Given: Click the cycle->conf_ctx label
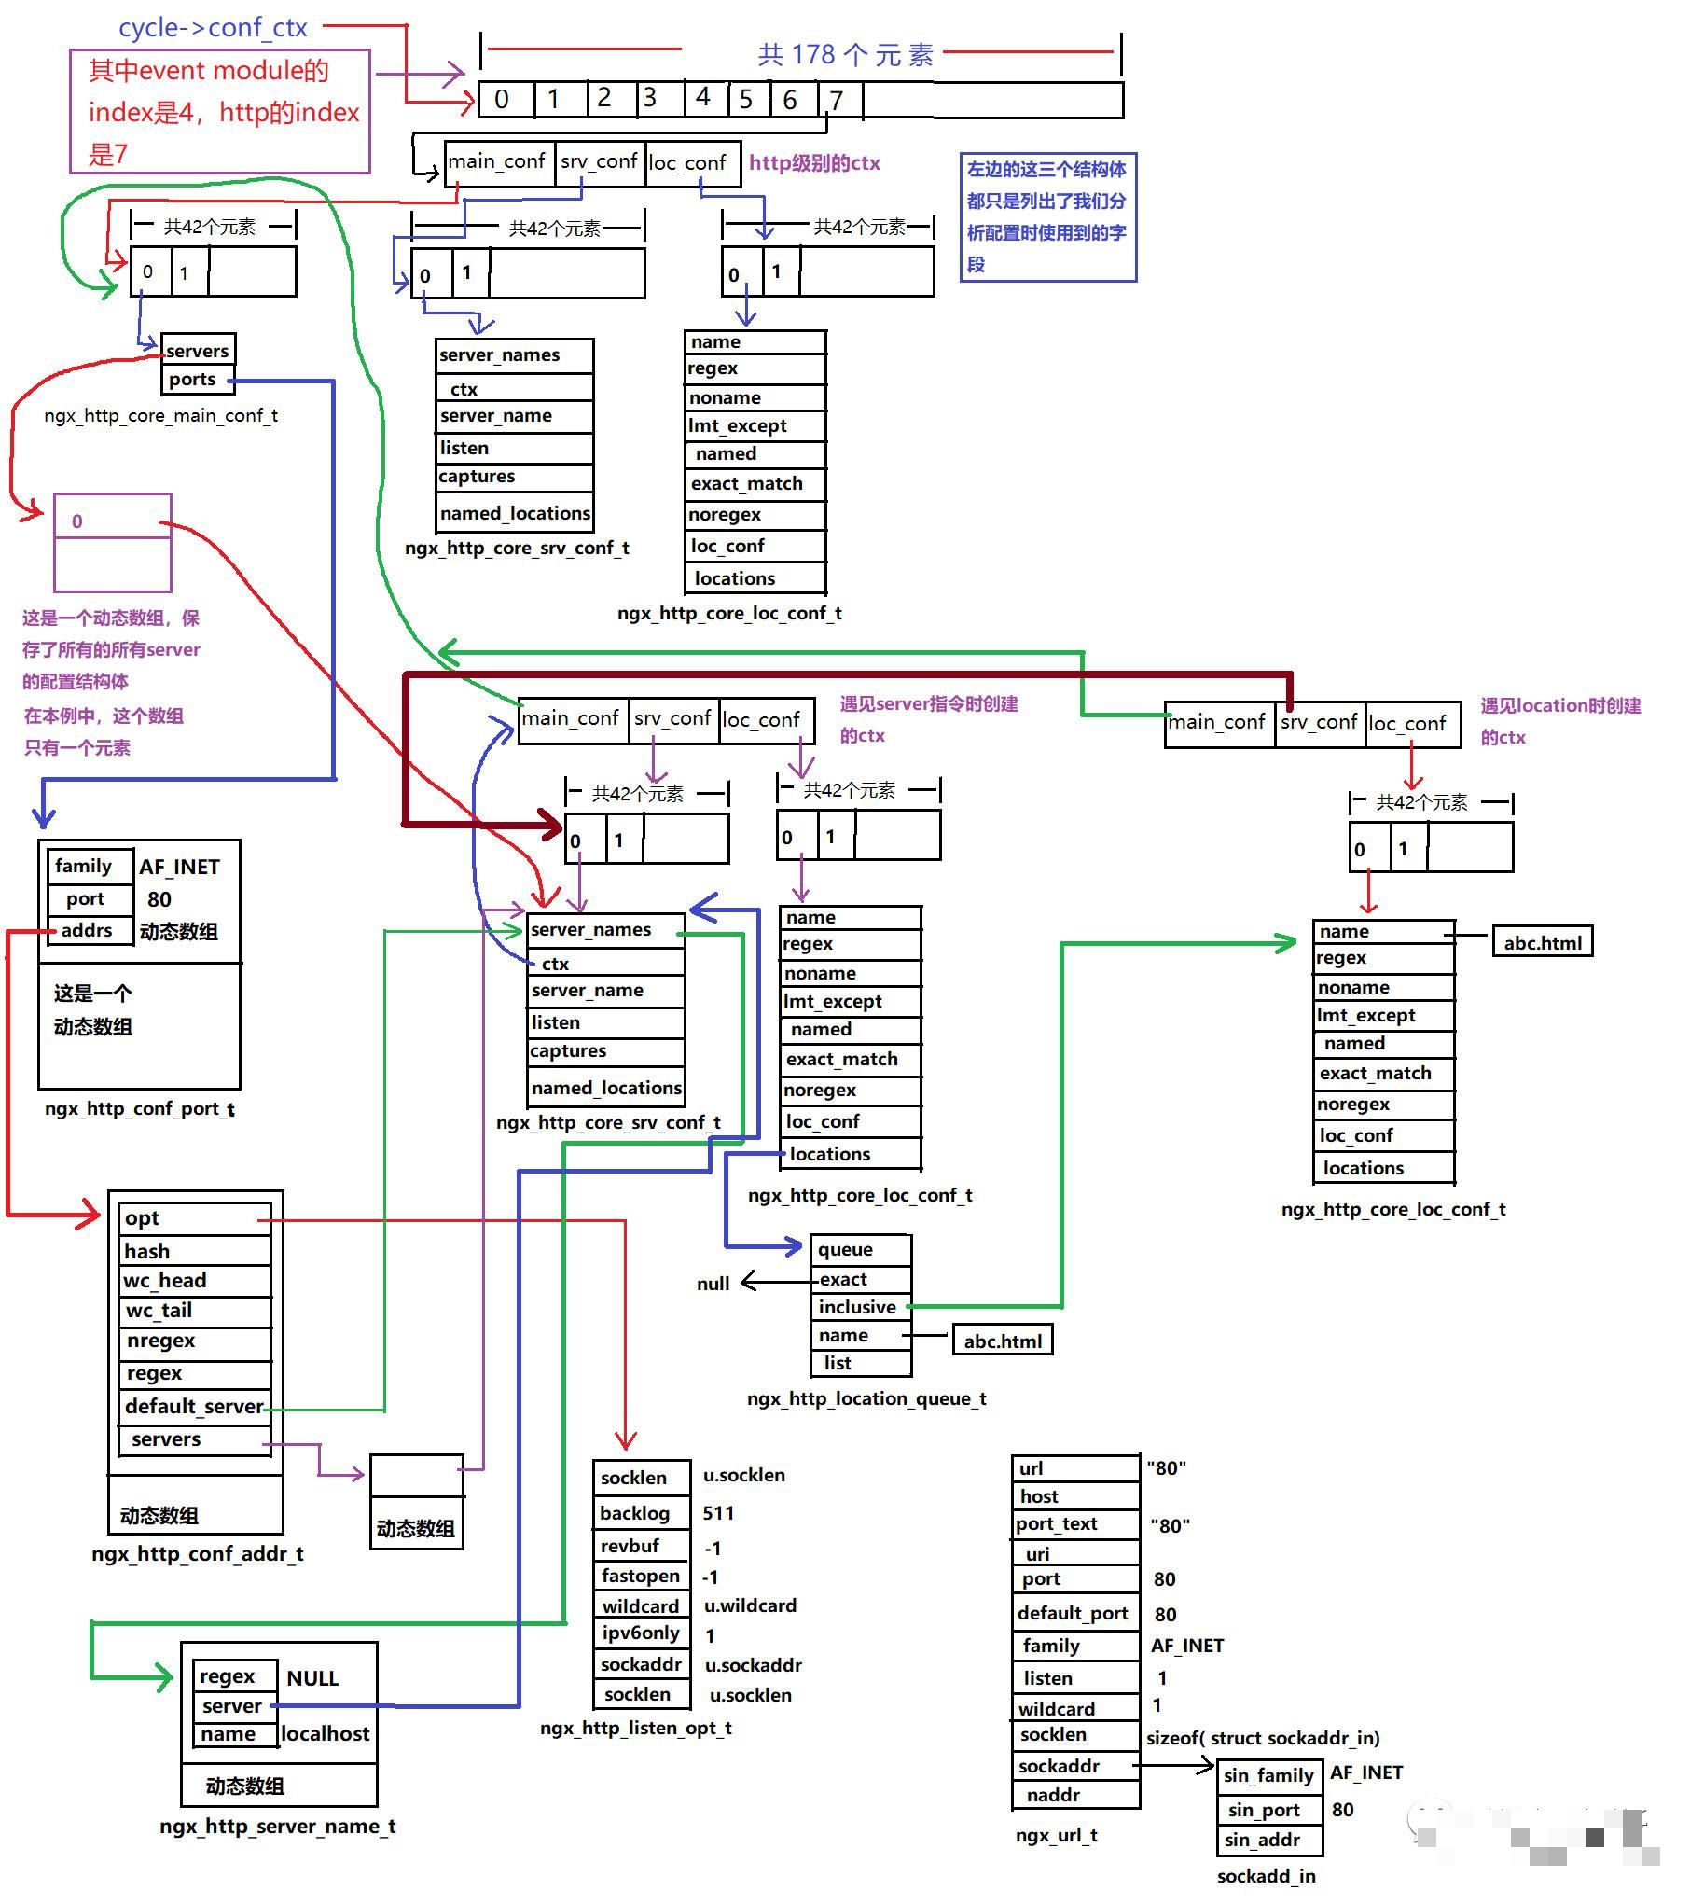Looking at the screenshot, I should pyautogui.click(x=213, y=28).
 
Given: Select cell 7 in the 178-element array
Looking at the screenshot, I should pyautogui.click(x=838, y=99).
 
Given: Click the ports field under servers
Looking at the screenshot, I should pyautogui.click(x=193, y=380).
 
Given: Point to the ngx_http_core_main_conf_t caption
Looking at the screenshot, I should pyautogui.click(x=161, y=416).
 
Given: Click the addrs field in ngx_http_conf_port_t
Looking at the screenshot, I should pyautogui.click(x=87, y=930).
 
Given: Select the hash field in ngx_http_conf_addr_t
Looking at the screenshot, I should pyautogui.click(x=148, y=1251).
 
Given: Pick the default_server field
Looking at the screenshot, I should pyautogui.click(x=194, y=1406).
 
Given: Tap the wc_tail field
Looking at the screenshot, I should pyautogui.click(x=159, y=1311).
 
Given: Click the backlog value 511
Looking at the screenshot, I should pyautogui.click(x=718, y=1512).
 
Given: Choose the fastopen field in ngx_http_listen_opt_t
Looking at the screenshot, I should pyautogui.click(x=641, y=1577).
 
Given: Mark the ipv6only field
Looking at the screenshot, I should pyautogui.click(x=641, y=1633).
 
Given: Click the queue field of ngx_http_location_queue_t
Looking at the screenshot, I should pyautogui.click(x=845, y=1249).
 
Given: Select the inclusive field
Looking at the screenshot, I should pyautogui.click(x=857, y=1306).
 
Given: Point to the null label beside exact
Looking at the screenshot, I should pyautogui.click(x=713, y=1284).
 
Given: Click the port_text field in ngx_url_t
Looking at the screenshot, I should pyautogui.click(x=1057, y=1523).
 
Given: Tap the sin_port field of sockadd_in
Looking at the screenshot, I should pyautogui.click(x=1264, y=1811).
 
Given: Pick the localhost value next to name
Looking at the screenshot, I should pyautogui.click(x=326, y=1733).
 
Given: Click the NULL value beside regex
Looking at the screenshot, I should pyautogui.click(x=312, y=1678).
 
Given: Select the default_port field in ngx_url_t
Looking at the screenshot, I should pyautogui.click(x=1073, y=1613).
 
